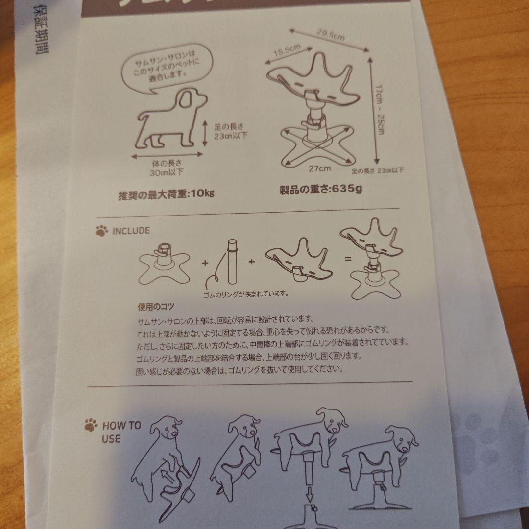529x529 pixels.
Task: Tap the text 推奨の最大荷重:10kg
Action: (x=167, y=194)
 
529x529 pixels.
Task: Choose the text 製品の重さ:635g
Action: (x=321, y=189)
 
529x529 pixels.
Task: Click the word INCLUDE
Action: (x=131, y=230)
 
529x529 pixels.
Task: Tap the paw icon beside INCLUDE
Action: (x=101, y=231)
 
